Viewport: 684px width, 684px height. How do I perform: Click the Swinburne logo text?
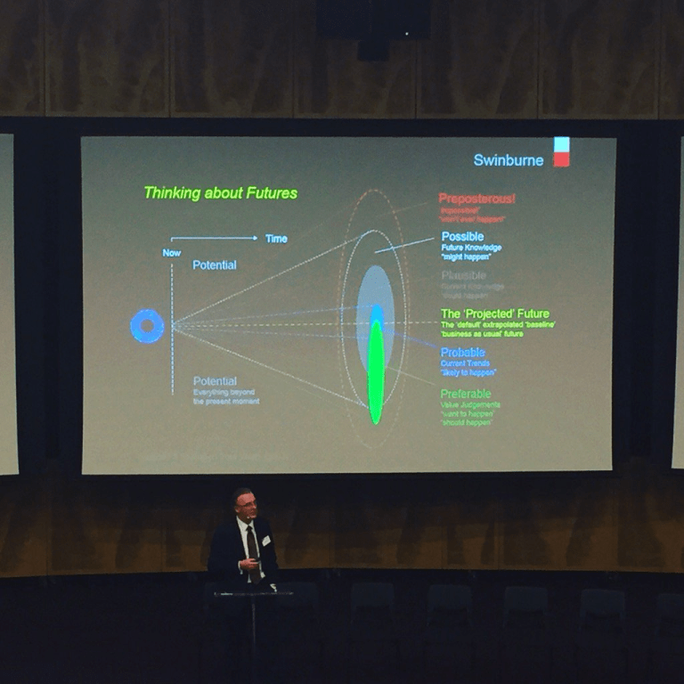(x=509, y=160)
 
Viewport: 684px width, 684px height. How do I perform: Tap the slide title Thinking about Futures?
(x=220, y=192)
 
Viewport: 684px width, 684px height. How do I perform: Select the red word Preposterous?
(x=476, y=199)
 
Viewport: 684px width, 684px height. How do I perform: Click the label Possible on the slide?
(x=462, y=237)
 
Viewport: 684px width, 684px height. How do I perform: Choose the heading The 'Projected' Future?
(x=494, y=313)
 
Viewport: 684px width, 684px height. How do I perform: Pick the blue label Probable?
(x=462, y=353)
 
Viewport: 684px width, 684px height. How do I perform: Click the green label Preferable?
(x=465, y=394)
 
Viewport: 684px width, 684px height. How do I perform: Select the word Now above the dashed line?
(x=172, y=252)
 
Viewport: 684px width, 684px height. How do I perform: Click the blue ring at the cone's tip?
(x=147, y=326)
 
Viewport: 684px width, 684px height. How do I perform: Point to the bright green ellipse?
(x=376, y=372)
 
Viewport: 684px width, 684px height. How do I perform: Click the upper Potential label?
(x=215, y=265)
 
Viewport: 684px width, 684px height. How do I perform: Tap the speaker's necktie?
(x=253, y=544)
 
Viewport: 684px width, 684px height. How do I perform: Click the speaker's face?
(x=244, y=506)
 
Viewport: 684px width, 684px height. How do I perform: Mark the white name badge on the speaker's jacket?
(x=265, y=541)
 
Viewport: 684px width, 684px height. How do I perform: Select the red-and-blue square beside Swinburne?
(x=561, y=152)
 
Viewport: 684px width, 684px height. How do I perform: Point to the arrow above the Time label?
(x=214, y=238)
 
